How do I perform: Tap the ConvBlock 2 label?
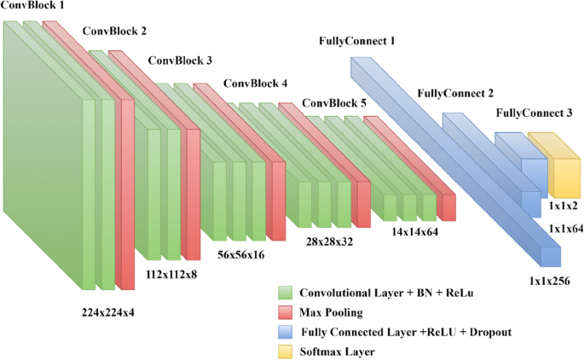(x=114, y=32)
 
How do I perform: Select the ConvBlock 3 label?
(x=180, y=61)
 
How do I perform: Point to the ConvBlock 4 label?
(x=256, y=84)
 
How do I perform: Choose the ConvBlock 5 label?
(x=334, y=102)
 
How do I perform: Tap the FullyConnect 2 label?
(x=456, y=92)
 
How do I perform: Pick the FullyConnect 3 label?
(x=534, y=113)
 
